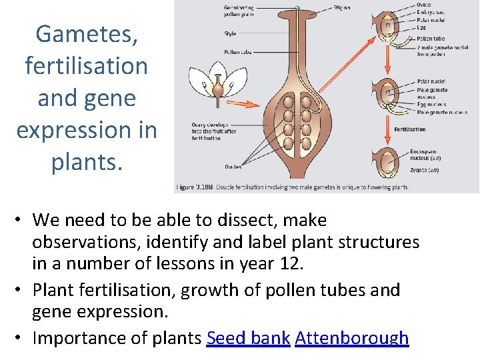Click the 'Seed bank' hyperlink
click(x=248, y=338)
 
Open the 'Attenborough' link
click(x=351, y=338)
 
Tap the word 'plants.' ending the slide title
click(x=87, y=162)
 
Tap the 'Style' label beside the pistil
click(x=231, y=33)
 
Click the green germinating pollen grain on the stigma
click(x=298, y=8)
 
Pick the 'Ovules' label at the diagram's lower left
click(x=233, y=167)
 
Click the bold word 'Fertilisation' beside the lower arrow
click(x=410, y=129)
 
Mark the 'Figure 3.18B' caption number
click(x=194, y=187)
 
